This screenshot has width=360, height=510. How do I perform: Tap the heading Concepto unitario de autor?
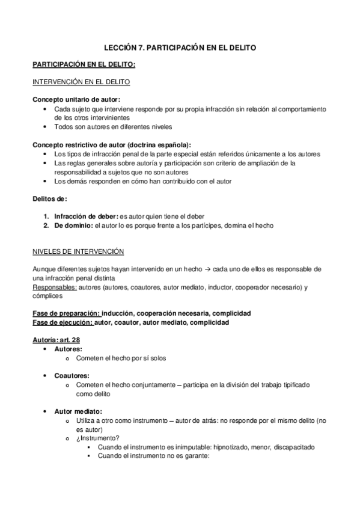click(x=76, y=99)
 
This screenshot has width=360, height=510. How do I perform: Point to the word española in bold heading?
click(x=169, y=145)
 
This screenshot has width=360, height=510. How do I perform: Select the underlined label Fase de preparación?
click(x=66, y=314)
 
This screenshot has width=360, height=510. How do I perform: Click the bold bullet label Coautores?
click(x=72, y=375)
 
